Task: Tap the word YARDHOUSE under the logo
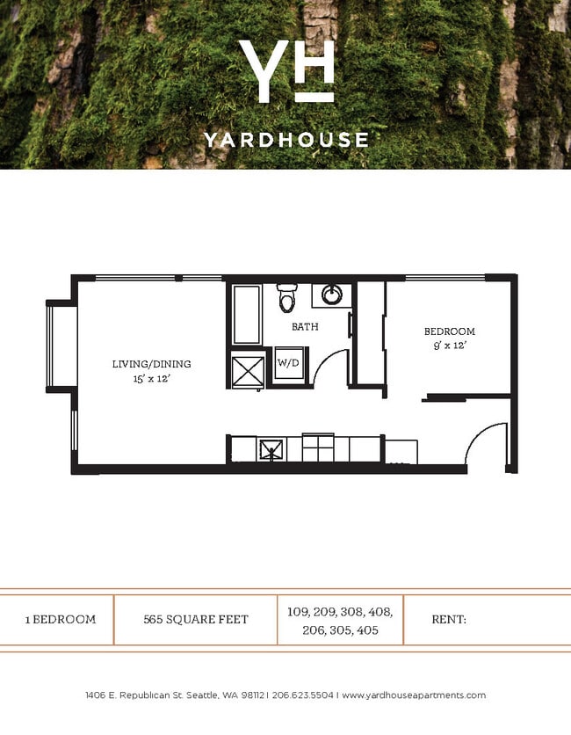pyautogui.click(x=285, y=139)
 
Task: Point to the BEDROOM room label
pyautogui.click(x=449, y=331)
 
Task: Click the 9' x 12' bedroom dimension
pyautogui.click(x=449, y=346)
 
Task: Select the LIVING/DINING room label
pyautogui.click(x=151, y=364)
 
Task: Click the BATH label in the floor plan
pyautogui.click(x=305, y=326)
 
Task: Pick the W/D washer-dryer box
pyautogui.click(x=287, y=362)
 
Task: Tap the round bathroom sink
pyautogui.click(x=332, y=294)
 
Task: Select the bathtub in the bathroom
pyautogui.click(x=247, y=314)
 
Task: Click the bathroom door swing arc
pyautogui.click(x=330, y=367)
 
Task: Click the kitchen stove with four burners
pyautogui.click(x=318, y=448)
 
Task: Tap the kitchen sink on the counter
pyautogui.click(x=271, y=450)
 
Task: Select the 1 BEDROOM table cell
pyautogui.click(x=60, y=619)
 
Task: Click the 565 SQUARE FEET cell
pyautogui.click(x=195, y=619)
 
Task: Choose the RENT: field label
pyautogui.click(x=448, y=619)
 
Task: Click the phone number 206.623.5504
pyautogui.click(x=302, y=695)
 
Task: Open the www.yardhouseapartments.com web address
pyautogui.click(x=413, y=695)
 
